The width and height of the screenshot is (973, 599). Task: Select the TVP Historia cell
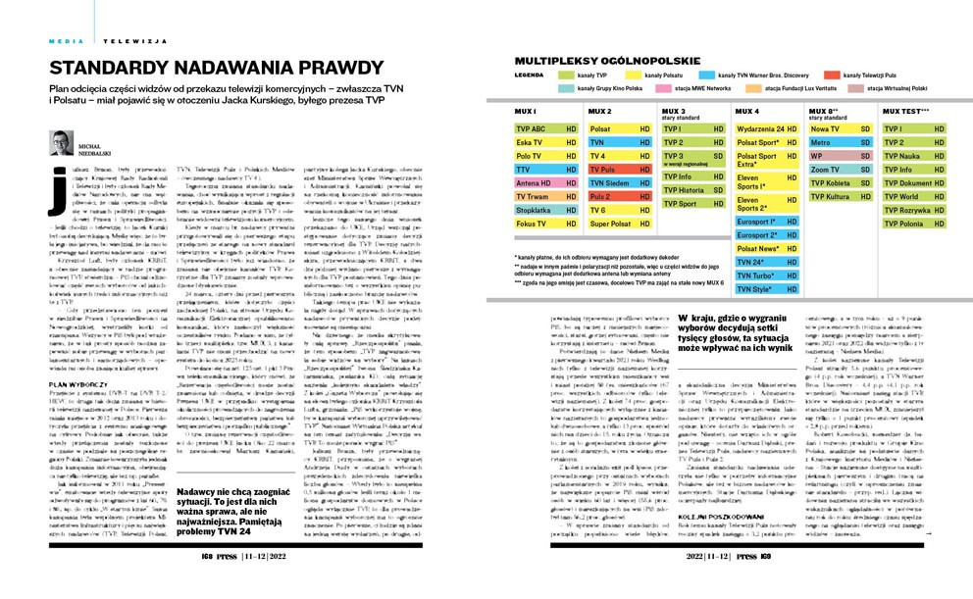pyautogui.click(x=693, y=190)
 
